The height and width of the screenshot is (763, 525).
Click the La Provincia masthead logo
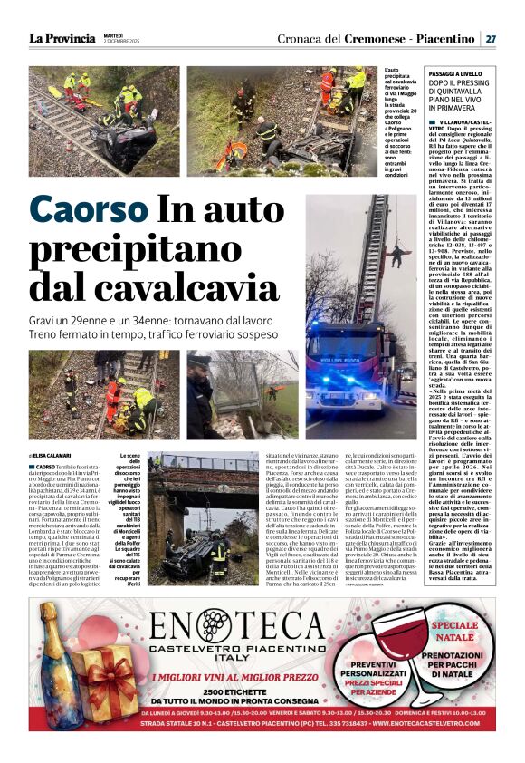click(61, 38)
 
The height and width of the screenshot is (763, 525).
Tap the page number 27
click(490, 39)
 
